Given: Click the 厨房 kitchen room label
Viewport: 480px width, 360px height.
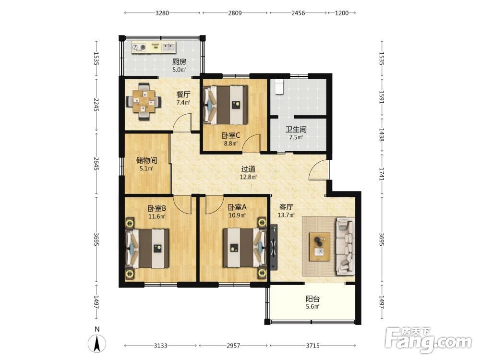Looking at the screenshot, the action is point(179,62).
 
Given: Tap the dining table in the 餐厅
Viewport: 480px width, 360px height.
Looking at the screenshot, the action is point(144,101).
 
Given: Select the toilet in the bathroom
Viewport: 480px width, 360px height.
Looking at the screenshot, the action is point(278,86).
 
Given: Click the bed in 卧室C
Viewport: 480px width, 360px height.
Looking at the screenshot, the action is point(226,105).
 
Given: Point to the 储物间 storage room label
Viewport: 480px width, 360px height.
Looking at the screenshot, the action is point(146,160).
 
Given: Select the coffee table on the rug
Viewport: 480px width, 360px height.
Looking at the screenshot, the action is point(320,246).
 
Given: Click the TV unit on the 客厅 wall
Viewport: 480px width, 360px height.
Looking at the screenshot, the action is point(274,248).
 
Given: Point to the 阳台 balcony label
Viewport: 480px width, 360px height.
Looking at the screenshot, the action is point(312,299).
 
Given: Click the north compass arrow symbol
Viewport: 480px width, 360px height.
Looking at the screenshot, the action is point(97,344).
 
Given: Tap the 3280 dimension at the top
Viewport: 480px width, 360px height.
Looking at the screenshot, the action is point(162,13).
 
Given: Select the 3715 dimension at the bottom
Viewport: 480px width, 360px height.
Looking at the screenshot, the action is point(312,346).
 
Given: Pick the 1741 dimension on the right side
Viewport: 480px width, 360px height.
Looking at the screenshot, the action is point(382,174).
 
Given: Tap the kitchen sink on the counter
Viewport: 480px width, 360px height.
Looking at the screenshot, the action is point(168,47).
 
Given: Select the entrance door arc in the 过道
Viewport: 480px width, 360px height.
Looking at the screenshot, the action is point(318,170).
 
